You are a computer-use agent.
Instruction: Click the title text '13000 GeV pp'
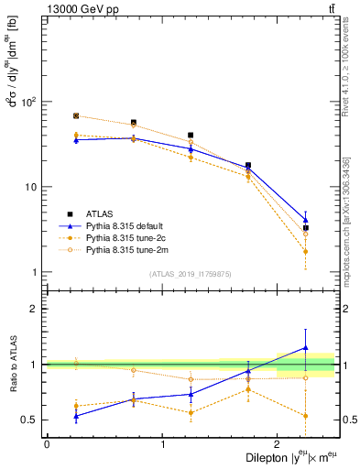tap(73, 8)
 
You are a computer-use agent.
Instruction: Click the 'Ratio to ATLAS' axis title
tap(12, 365)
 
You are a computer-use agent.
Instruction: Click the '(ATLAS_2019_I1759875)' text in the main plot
tap(191, 274)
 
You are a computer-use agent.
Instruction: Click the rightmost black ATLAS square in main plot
tap(306, 228)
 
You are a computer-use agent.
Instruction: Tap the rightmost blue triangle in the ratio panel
tap(306, 347)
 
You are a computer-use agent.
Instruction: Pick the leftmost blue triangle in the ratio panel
tap(76, 416)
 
